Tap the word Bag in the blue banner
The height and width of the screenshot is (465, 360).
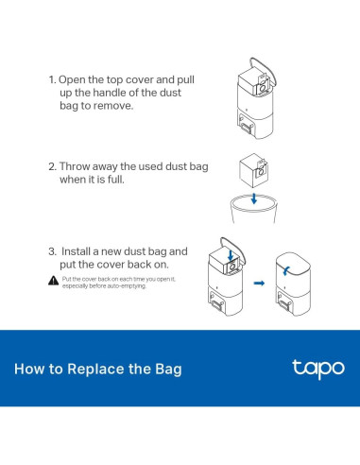[166, 369]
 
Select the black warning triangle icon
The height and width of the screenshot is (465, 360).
[53, 281]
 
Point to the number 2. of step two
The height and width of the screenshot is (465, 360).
[53, 166]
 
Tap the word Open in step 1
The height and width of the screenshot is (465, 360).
[77, 81]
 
